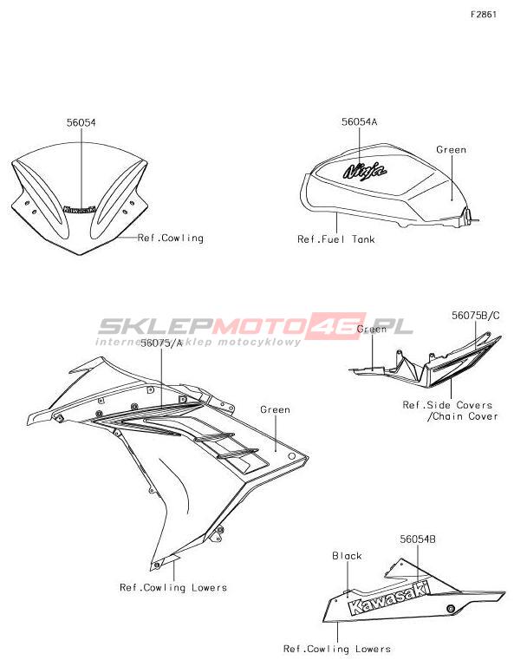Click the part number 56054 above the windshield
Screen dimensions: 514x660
[x=81, y=122]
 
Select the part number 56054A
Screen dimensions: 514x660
[x=359, y=121]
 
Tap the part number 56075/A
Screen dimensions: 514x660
[x=161, y=343]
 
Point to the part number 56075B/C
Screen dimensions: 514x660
[x=476, y=316]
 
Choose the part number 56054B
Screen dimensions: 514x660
[x=418, y=539]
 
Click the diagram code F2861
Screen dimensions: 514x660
[x=484, y=15]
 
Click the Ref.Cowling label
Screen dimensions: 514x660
[x=171, y=239]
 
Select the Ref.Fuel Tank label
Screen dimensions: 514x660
[x=335, y=239]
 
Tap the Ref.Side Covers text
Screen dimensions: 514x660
[x=447, y=405]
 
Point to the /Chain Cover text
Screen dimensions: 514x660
[x=462, y=416]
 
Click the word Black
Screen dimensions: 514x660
[x=347, y=556]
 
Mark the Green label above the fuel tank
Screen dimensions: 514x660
[x=451, y=149]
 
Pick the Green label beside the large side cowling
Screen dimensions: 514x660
[x=275, y=409]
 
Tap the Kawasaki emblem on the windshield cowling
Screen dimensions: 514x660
[x=80, y=209]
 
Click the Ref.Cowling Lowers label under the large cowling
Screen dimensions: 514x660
[x=173, y=588]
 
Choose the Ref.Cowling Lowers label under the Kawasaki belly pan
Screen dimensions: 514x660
[x=337, y=649]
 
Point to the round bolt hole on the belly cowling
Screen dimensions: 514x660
[x=451, y=609]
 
